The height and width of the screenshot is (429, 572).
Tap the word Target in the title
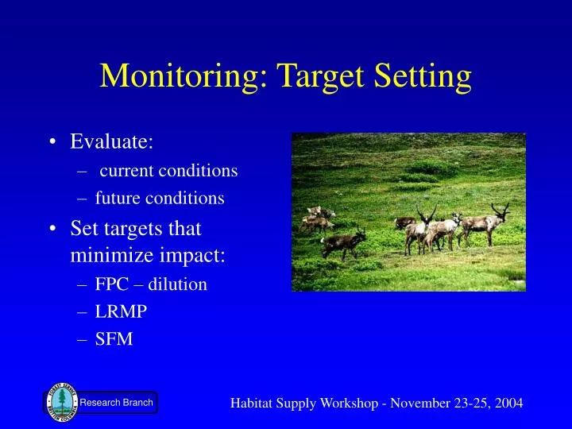[x=300, y=76]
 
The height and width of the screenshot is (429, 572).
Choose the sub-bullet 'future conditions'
[x=160, y=198]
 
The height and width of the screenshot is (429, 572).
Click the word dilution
[x=180, y=284]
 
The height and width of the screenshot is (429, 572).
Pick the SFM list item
[x=114, y=339]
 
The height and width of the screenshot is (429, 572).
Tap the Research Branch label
[x=116, y=403]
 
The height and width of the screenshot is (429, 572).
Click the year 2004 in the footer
[x=505, y=403]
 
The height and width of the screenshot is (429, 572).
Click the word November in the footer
[x=419, y=403]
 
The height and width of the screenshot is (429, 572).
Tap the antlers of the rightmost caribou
[x=500, y=211]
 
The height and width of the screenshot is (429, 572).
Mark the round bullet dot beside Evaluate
[x=52, y=142]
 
